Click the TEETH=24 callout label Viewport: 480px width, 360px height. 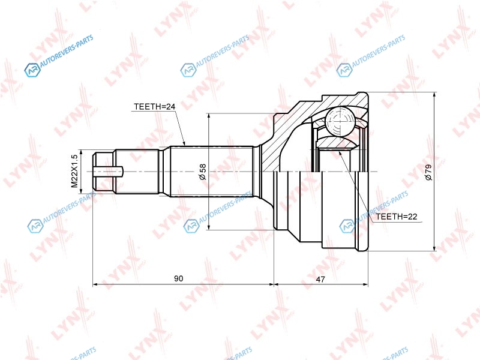(155, 107)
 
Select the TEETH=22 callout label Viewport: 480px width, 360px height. (397, 217)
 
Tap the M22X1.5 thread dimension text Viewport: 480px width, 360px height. (74, 171)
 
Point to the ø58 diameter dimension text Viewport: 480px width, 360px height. (202, 172)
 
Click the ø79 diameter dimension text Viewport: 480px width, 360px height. (428, 172)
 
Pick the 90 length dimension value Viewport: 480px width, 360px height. (178, 278)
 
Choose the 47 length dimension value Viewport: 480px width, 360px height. (320, 279)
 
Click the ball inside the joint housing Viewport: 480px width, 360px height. (340, 121)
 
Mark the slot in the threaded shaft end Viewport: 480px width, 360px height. (108, 172)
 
